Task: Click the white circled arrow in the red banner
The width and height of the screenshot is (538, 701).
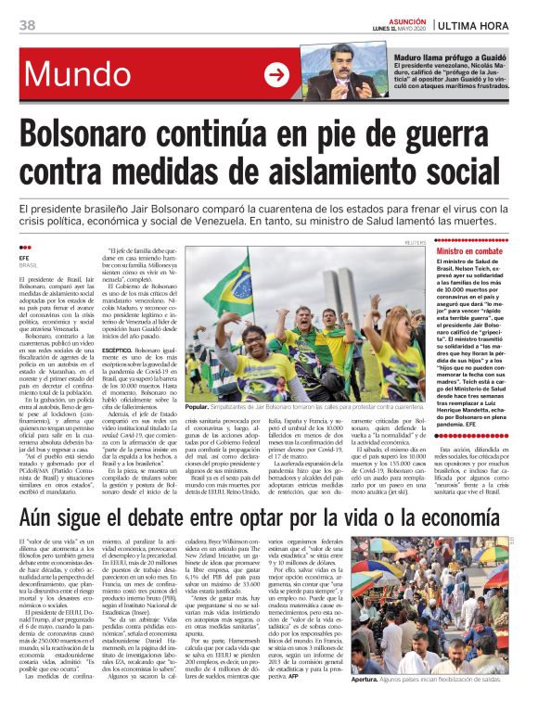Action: [276, 75]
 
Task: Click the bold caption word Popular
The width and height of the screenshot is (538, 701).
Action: [197, 407]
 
